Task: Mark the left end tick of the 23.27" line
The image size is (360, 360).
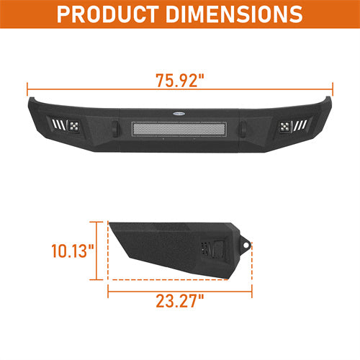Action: click(108, 292)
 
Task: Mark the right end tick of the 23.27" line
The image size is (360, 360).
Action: click(253, 292)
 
